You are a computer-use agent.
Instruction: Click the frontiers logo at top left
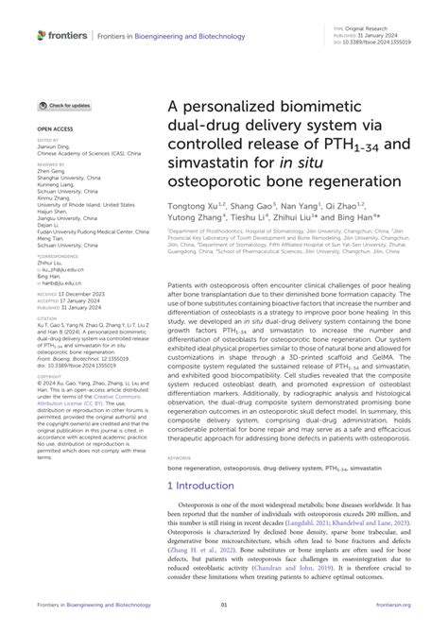[x=58, y=34]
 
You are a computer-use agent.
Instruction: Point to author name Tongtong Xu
[x=198, y=204]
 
